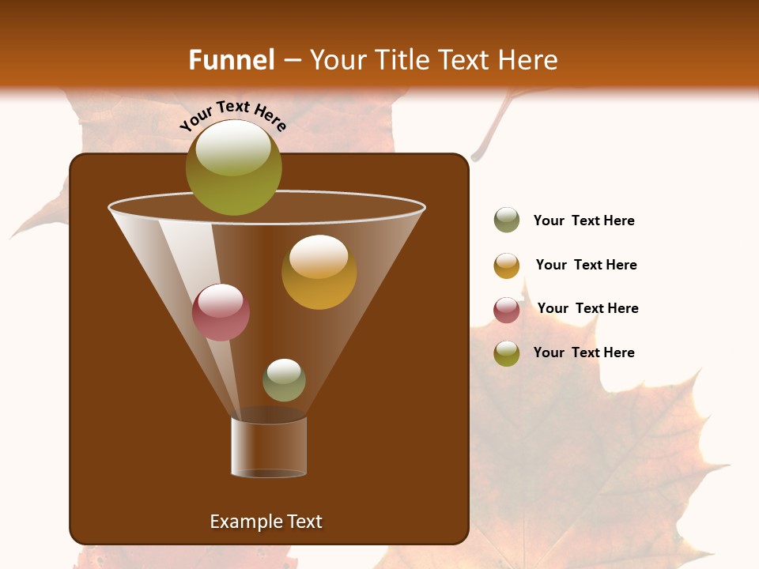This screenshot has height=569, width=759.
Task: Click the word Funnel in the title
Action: pos(231,60)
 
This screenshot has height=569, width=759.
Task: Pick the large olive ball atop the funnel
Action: pos(234,168)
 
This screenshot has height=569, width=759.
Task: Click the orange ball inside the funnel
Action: pos(319,272)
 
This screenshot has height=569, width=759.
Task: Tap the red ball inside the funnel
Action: pos(221,312)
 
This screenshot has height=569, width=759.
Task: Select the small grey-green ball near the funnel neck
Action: pos(284,380)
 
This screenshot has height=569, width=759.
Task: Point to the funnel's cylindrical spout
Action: pos(269,447)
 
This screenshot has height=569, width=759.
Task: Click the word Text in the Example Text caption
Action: pos(304,522)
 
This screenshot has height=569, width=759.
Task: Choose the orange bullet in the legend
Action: pos(507,266)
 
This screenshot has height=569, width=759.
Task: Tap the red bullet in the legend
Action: pos(507,310)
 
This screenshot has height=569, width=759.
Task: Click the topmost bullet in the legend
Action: pos(507,220)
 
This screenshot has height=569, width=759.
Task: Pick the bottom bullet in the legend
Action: pos(507,353)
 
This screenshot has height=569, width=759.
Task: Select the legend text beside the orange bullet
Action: pos(586,265)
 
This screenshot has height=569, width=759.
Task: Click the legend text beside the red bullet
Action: pos(587,308)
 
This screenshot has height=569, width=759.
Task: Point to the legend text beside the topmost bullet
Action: pos(583,220)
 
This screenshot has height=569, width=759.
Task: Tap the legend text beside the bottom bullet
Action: pos(583,352)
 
